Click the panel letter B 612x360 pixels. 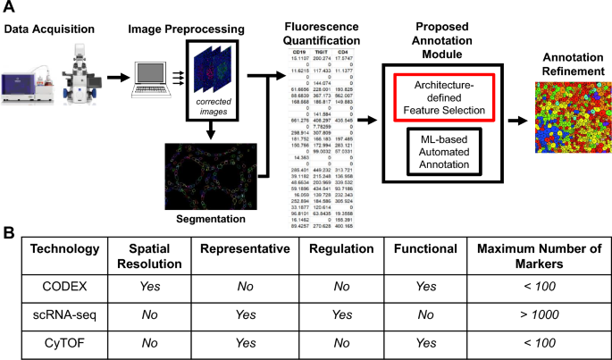tap(8, 232)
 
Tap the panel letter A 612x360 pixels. tap(8, 7)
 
